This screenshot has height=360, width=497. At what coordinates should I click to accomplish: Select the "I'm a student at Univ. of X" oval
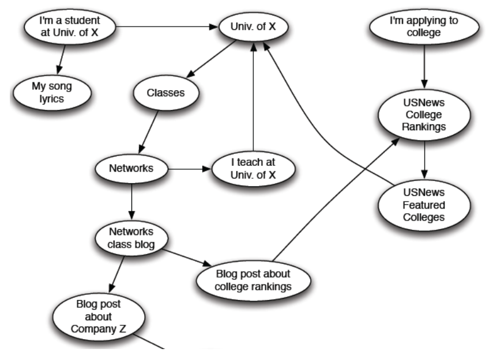69,26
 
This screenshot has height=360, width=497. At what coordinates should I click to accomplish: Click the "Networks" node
131,169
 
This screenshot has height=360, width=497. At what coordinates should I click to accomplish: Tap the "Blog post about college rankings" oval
253,279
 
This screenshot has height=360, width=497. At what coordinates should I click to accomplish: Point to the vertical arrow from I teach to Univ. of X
253,98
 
